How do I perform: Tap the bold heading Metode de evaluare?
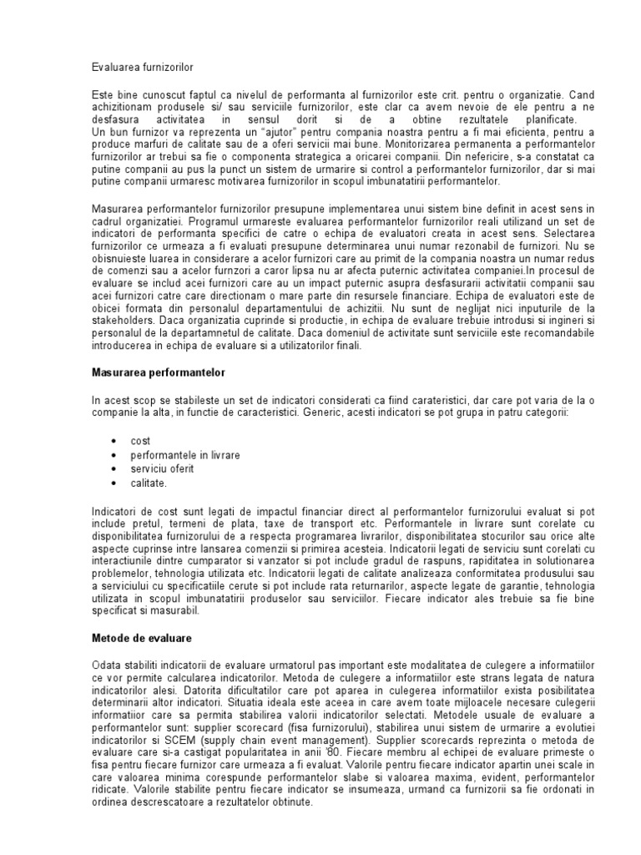coord(142,639)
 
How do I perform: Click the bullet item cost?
coord(139,440)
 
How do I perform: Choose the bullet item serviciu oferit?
coord(162,468)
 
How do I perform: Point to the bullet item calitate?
coord(149,483)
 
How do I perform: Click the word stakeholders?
coord(123,320)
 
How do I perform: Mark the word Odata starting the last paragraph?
coord(106,664)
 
